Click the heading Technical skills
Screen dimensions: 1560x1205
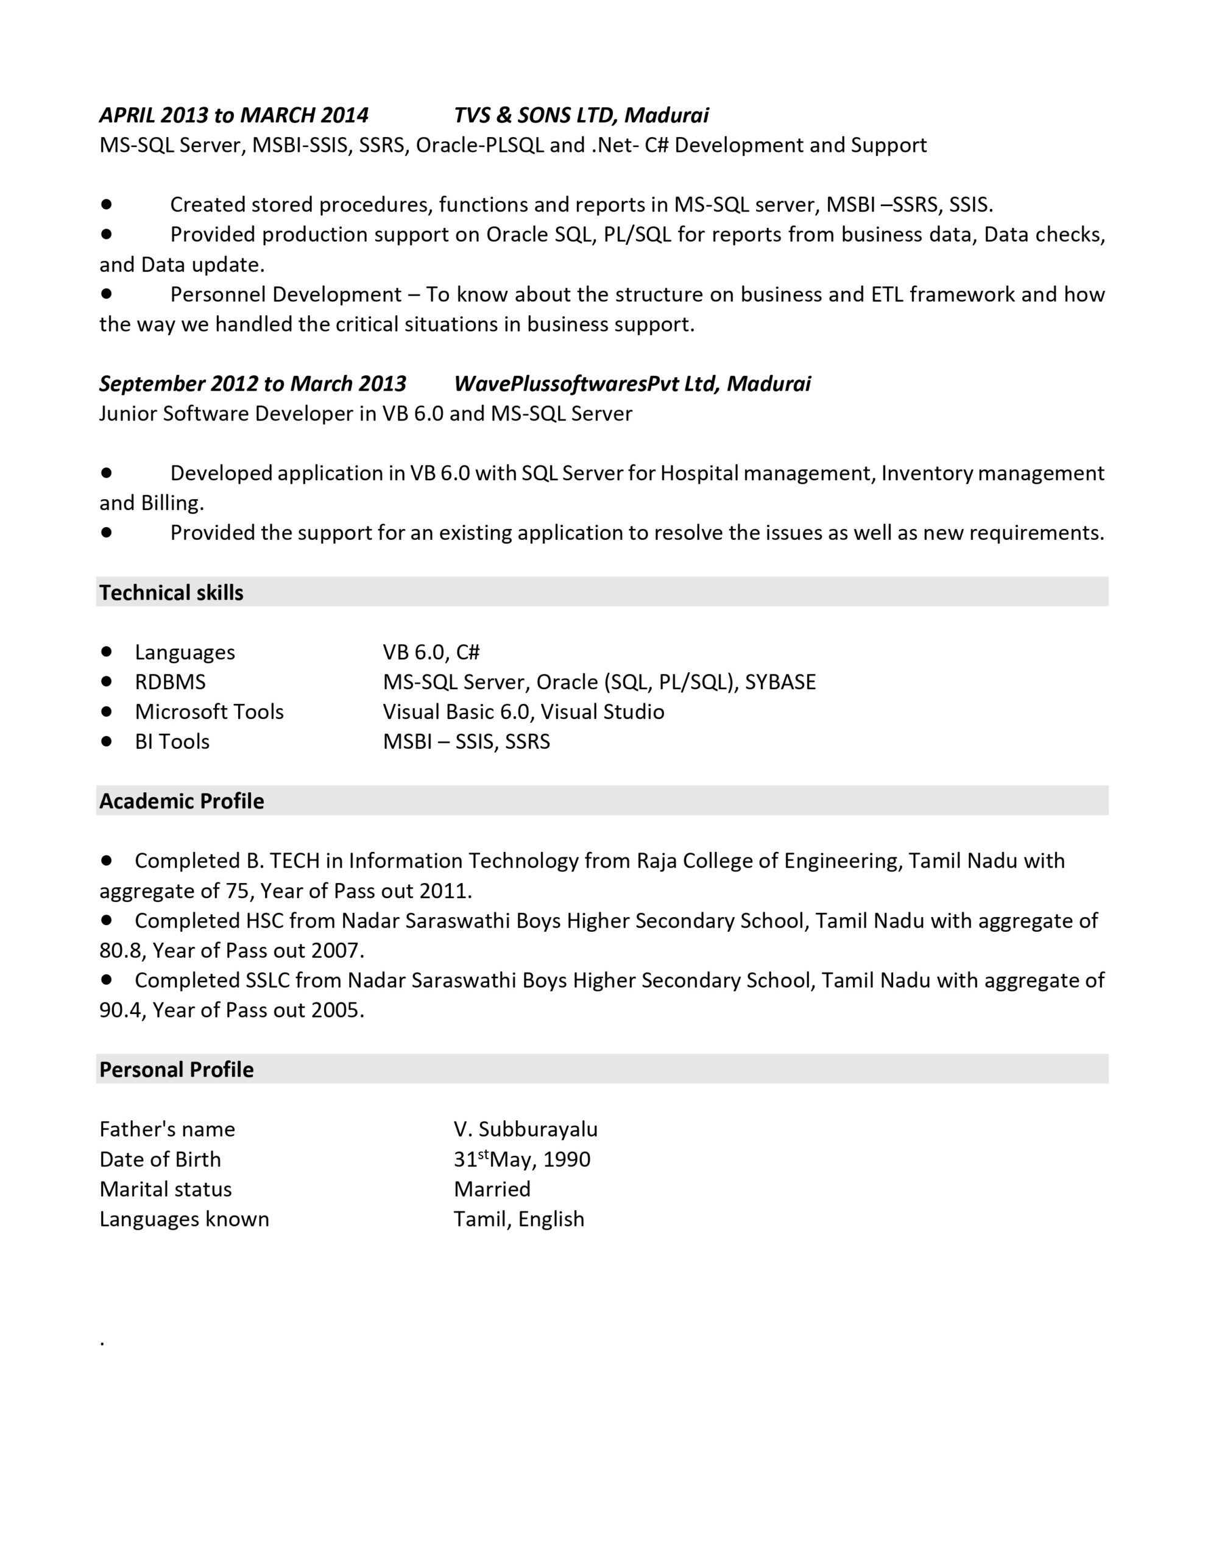click(x=171, y=592)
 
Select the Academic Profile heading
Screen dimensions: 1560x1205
click(x=182, y=801)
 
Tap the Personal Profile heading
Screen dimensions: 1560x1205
click(x=177, y=1069)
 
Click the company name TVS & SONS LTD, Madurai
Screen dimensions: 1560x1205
click(x=581, y=115)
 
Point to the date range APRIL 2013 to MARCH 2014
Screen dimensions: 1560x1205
click(x=233, y=115)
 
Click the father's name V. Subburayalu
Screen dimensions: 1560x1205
click(x=525, y=1129)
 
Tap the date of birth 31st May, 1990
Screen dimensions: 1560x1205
click(x=521, y=1158)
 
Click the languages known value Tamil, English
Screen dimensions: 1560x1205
click(x=518, y=1219)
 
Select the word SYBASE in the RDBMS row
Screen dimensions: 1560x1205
click(x=780, y=681)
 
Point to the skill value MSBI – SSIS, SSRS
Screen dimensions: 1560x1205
click(x=467, y=742)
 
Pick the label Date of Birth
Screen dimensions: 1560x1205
click(x=160, y=1158)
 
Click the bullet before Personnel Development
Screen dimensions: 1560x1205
click(x=107, y=293)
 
